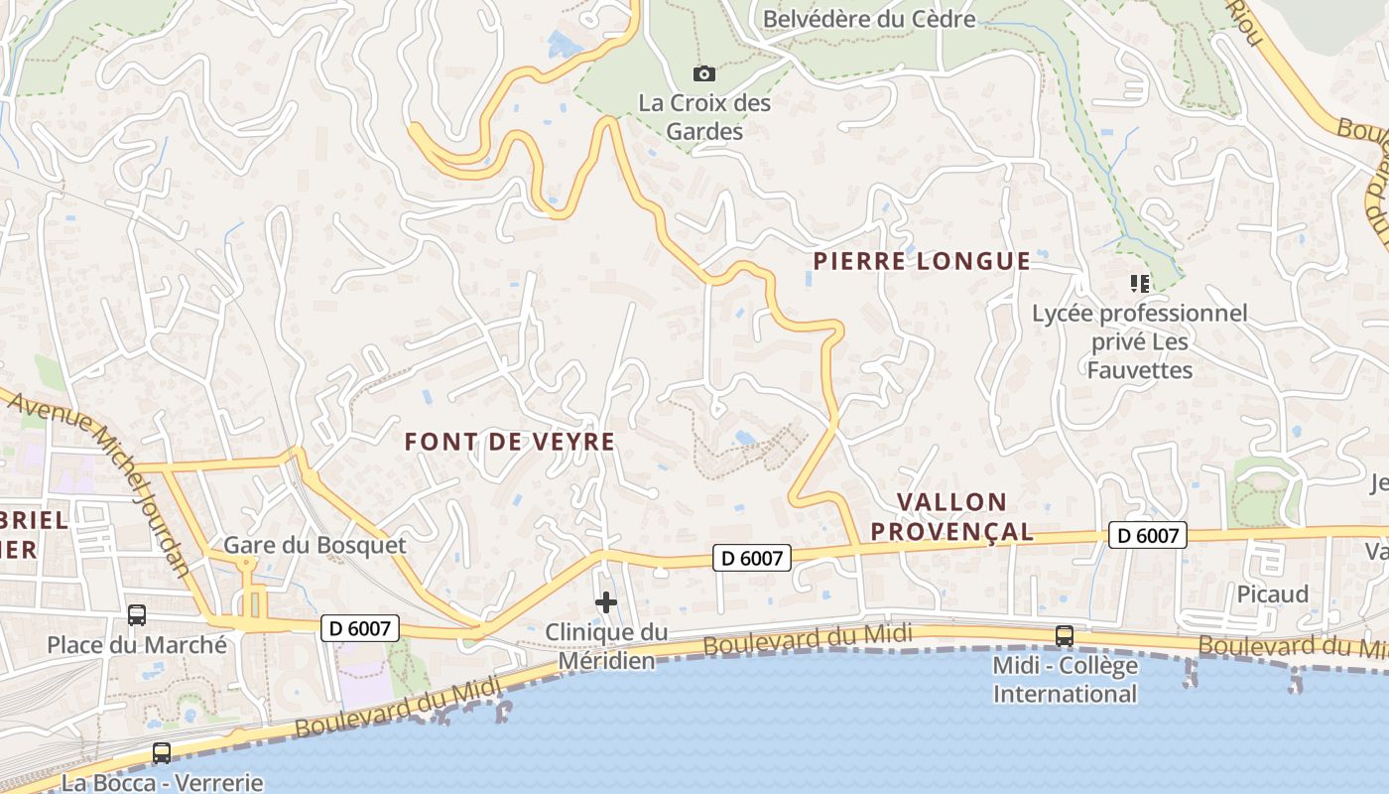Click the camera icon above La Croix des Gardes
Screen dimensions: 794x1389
pos(704,73)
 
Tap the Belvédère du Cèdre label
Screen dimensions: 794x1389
pos(868,19)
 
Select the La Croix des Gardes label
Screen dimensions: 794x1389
pos(704,116)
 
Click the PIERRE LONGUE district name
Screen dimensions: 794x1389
pos(922,261)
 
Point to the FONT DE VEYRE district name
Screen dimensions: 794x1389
pos(510,442)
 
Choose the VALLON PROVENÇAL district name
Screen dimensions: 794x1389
pos(951,516)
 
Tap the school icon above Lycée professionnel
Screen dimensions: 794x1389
pos(1140,284)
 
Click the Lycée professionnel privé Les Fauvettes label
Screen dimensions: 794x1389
pos(1140,341)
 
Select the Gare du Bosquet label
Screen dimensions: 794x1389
pos(315,545)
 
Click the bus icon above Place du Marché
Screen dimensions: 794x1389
pos(137,615)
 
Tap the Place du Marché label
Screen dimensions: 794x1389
pos(137,645)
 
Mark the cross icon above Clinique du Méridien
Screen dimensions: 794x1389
pos(606,602)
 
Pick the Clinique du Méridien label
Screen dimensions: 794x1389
pos(606,646)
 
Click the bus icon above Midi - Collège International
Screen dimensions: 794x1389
pos(1065,636)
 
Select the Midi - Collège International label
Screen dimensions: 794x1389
pos(1065,679)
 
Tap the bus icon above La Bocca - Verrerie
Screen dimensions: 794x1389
pos(162,753)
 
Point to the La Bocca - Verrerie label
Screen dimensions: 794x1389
pos(162,782)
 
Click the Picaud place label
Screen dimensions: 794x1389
pos(1273,594)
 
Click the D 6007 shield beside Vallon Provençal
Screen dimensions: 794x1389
pos(1148,536)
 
